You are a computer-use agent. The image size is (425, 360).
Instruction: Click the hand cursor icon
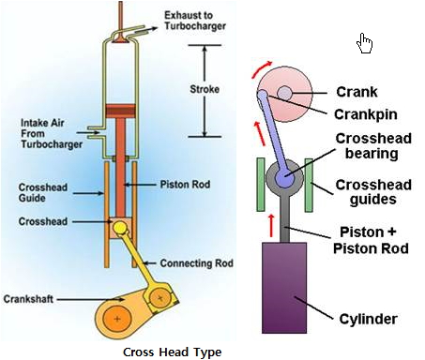point(366,43)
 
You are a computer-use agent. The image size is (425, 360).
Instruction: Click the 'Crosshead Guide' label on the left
point(38,191)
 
